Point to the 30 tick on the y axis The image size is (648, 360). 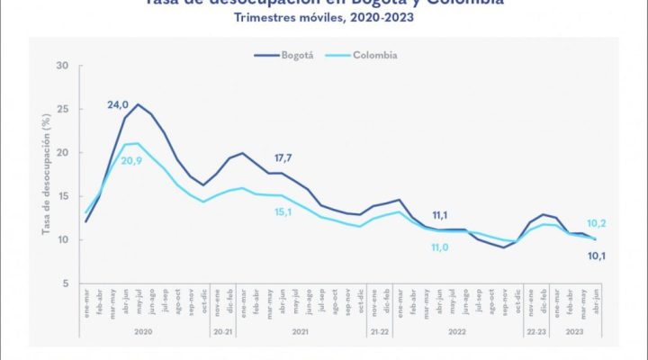pos(62,66)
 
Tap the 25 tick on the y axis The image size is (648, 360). pos(62,109)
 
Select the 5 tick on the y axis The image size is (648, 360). pos(65,283)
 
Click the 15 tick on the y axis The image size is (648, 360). pos(62,196)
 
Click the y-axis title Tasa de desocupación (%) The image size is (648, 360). pos(44,175)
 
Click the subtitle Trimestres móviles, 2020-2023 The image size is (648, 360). pos(323,18)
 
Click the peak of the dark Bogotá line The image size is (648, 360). pos(137,104)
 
